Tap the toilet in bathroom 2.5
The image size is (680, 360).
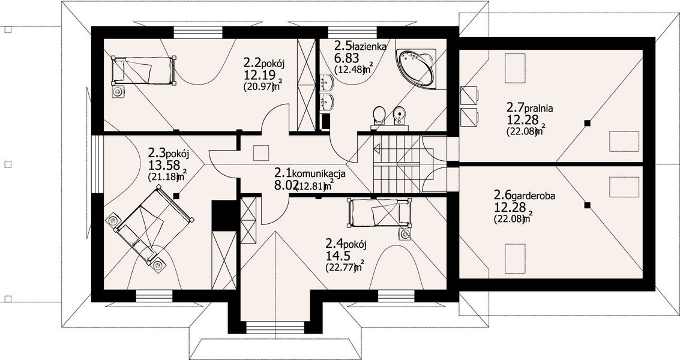379,115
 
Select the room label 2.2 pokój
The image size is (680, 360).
267,62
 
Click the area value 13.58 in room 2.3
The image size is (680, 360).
164,165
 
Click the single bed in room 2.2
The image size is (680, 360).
143,70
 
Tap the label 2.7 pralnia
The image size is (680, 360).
529,108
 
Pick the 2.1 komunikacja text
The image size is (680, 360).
309,173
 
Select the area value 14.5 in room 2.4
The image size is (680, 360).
339,255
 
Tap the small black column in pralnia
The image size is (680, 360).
588,123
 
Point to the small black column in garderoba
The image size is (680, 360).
588,206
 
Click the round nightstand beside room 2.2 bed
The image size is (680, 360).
119,91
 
